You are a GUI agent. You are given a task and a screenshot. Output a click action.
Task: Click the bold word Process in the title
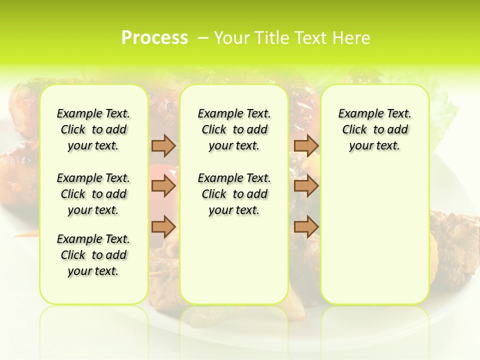[154, 38]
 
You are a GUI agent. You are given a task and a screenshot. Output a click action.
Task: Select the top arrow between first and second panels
[163, 145]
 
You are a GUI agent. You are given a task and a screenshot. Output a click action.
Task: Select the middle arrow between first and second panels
[163, 186]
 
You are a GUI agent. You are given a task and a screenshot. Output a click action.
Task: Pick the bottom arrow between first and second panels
[163, 226]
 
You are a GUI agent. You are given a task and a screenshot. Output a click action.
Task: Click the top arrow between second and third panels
[306, 145]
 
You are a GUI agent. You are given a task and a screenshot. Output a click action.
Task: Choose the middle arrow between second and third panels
[306, 186]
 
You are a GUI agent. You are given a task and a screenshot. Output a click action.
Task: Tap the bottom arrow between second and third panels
[306, 226]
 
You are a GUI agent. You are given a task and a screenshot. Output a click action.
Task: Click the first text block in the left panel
[93, 129]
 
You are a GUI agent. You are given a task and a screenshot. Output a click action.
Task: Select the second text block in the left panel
[93, 194]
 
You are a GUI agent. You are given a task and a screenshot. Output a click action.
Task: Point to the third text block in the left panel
[93, 255]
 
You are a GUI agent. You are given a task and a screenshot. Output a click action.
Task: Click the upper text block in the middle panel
[234, 129]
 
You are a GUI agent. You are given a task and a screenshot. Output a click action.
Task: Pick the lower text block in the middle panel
[234, 194]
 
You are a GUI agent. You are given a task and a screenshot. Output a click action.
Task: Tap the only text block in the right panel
[374, 129]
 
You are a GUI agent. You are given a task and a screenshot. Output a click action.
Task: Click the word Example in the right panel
[357, 114]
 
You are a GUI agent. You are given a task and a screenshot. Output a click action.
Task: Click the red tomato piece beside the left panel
[159, 172]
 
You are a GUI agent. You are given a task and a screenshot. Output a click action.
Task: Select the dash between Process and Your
[202, 38]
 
